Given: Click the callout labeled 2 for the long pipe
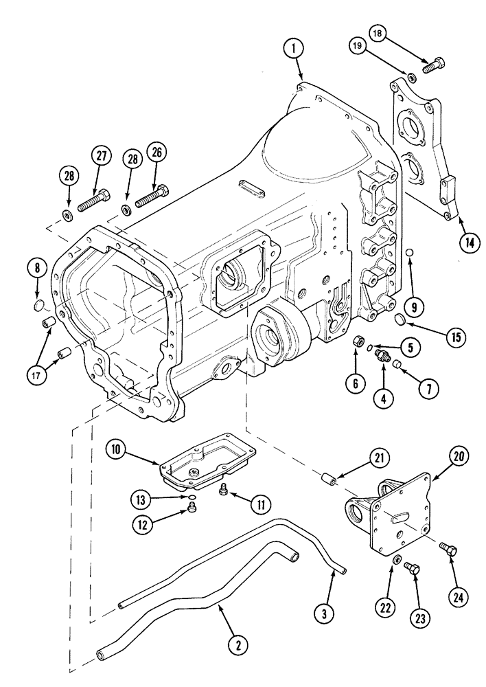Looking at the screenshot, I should click(238, 644).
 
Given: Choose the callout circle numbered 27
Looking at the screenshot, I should click(101, 156).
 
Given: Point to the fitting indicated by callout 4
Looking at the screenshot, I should click(380, 355).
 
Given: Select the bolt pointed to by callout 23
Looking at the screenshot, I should click(410, 567).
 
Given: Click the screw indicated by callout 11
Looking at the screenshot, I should click(222, 491).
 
